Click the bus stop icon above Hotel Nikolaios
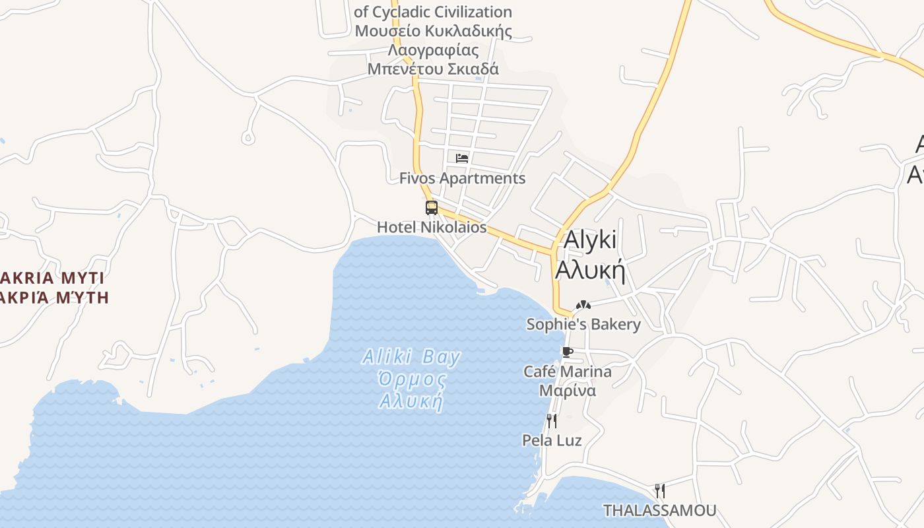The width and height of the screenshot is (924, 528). [431, 208]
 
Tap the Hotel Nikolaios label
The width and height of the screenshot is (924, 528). [432, 228]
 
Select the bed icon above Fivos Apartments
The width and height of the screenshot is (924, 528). [462, 158]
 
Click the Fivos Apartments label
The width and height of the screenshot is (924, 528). [463, 178]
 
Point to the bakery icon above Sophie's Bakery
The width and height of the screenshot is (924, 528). [583, 305]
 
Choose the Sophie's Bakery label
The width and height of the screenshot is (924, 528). [583, 325]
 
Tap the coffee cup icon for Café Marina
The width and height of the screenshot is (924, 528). [567, 352]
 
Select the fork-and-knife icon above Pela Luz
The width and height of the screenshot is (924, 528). [552, 420]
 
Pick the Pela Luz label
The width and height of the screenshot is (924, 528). [552, 440]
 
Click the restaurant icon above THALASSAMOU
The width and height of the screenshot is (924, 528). [659, 490]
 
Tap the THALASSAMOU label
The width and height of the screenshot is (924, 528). [660, 510]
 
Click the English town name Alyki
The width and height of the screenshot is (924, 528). [590, 240]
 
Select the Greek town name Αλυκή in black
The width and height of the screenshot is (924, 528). [590, 270]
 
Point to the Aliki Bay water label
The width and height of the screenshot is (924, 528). [411, 358]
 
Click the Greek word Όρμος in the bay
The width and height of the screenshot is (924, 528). [411, 379]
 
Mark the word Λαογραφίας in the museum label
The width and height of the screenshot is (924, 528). [433, 50]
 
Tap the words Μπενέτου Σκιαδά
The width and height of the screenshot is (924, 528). [433, 69]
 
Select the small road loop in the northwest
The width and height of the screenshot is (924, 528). [248, 137]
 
